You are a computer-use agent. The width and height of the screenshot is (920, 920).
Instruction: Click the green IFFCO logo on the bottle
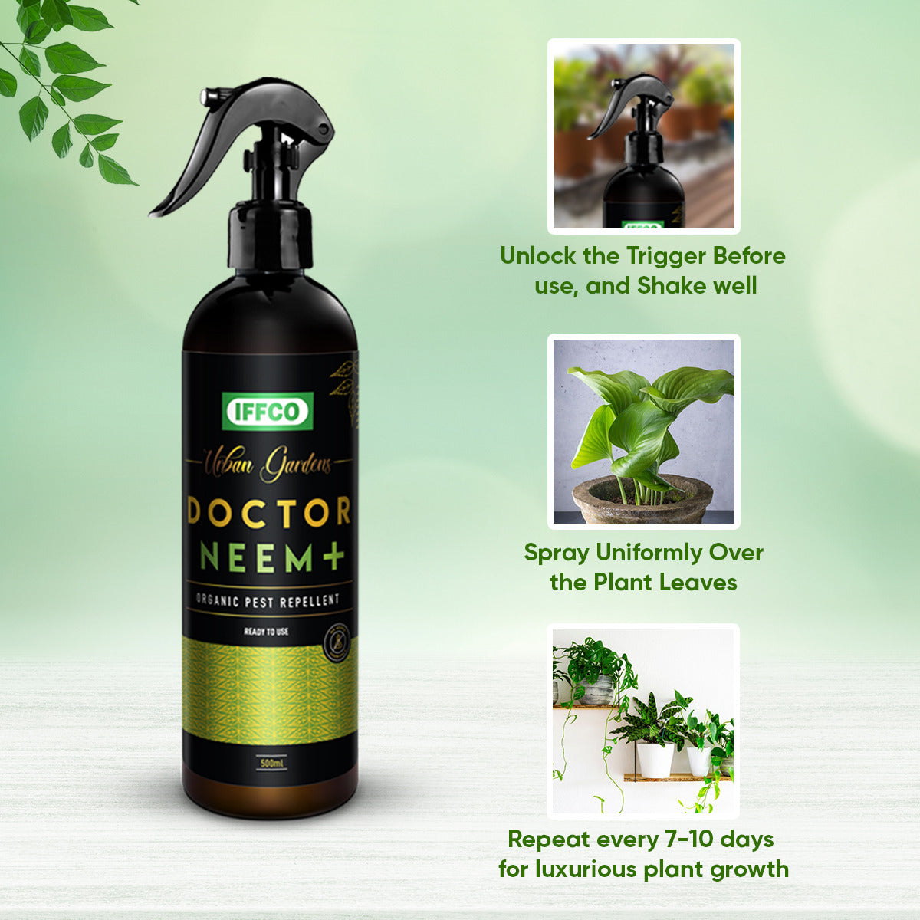(x=268, y=411)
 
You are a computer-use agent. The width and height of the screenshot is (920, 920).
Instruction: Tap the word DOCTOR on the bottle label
(x=269, y=512)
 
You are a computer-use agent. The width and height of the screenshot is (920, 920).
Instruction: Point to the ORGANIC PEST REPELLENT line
(x=268, y=600)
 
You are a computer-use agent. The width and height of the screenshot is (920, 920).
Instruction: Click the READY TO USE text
(x=266, y=632)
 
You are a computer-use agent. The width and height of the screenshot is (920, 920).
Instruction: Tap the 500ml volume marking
(x=272, y=764)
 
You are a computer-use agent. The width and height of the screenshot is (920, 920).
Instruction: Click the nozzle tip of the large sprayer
(x=205, y=97)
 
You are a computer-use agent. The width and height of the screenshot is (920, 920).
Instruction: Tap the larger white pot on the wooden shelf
(x=655, y=760)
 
